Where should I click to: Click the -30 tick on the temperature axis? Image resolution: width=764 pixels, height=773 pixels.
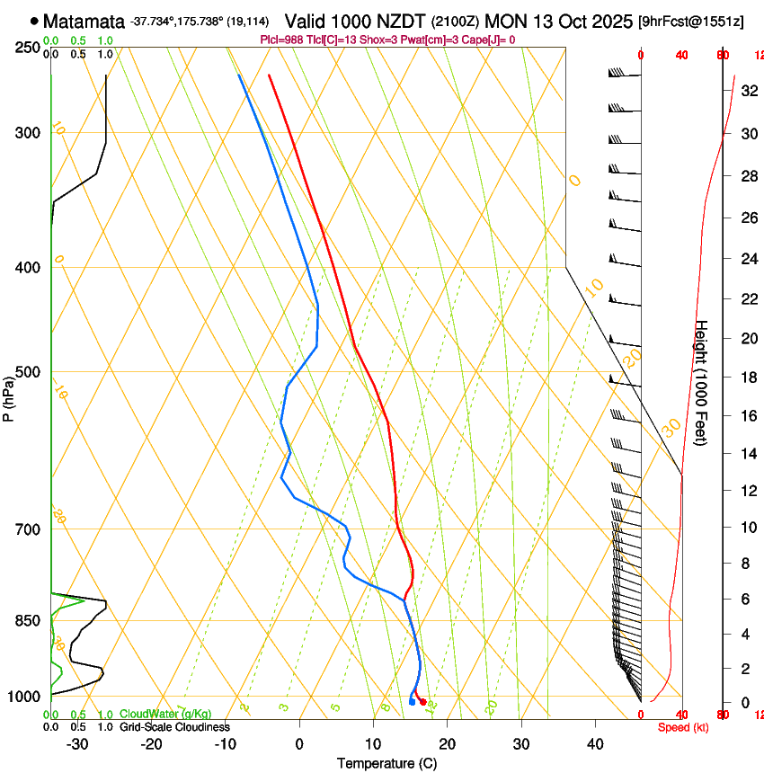tap(78, 743)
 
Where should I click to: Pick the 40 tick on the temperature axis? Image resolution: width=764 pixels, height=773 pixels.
tap(594, 743)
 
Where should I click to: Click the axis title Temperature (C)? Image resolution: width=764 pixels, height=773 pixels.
tap(386, 763)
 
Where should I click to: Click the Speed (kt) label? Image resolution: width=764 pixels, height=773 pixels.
tap(683, 727)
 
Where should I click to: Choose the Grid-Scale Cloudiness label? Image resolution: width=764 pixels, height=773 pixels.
tap(174, 726)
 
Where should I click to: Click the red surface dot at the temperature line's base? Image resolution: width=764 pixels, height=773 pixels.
tap(423, 701)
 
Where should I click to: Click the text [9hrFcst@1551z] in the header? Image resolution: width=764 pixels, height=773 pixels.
tap(690, 21)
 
